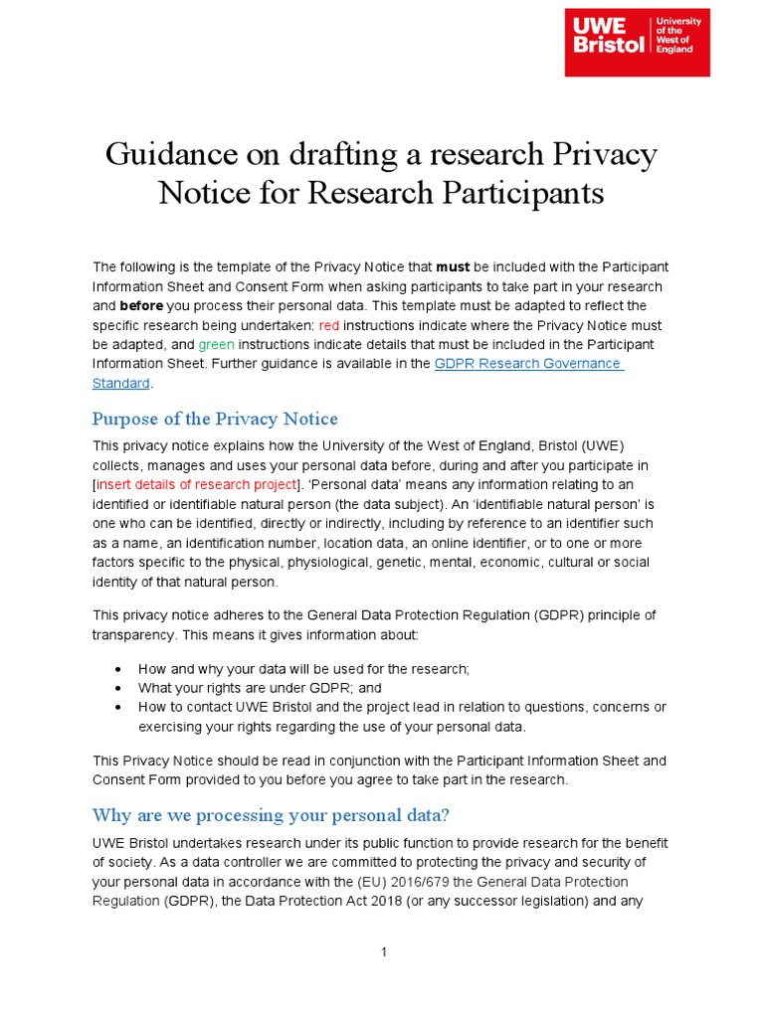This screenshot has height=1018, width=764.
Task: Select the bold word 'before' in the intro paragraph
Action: [140, 305]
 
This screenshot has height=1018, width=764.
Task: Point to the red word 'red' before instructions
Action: [328, 325]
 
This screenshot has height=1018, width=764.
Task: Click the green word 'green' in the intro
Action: [216, 344]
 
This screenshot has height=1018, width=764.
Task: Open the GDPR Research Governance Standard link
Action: [528, 364]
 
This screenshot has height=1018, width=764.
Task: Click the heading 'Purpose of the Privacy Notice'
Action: [215, 419]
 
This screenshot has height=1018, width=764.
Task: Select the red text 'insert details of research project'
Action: [197, 484]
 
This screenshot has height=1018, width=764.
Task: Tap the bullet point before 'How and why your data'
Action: [119, 669]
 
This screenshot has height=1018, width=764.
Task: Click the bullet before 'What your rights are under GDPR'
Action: [119, 688]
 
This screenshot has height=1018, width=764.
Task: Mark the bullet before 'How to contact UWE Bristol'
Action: [119, 707]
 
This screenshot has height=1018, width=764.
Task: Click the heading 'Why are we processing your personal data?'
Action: [271, 815]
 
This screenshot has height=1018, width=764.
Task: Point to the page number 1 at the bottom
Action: [383, 952]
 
